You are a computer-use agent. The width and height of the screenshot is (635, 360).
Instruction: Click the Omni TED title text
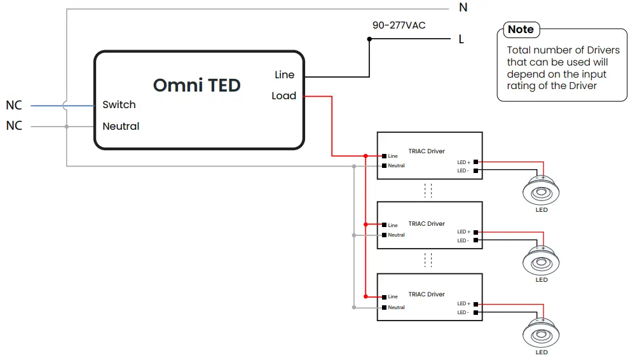[196, 85]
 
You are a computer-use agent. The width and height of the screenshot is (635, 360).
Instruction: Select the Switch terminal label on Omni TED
[119, 104]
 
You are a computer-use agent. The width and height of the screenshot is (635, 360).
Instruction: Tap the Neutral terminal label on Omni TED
[121, 126]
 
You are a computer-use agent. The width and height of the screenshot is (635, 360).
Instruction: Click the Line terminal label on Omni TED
[284, 74]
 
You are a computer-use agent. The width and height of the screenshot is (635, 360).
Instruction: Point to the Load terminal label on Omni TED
[283, 96]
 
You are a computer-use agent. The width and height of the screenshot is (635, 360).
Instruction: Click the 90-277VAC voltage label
[399, 25]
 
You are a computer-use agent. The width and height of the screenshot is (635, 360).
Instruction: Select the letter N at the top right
[463, 8]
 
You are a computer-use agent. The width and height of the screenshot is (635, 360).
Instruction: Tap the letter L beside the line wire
[461, 39]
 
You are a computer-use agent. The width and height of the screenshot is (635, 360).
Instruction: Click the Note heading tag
[521, 29]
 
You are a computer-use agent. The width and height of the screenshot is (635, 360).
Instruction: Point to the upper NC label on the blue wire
[14, 105]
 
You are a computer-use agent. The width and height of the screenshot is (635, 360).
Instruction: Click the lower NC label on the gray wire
[14, 126]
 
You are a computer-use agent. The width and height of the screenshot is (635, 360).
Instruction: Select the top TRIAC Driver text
[427, 151]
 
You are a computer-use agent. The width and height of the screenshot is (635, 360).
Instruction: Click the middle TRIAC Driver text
[427, 224]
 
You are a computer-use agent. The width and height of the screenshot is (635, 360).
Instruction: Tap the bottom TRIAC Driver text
[427, 294]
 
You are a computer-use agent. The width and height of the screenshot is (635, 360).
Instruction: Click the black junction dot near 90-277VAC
[369, 39]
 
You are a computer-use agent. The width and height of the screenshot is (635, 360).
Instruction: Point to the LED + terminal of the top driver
[475, 162]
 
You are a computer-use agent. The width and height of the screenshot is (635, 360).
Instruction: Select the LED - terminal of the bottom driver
[475, 312]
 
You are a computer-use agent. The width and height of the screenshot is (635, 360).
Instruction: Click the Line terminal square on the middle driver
[384, 225]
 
